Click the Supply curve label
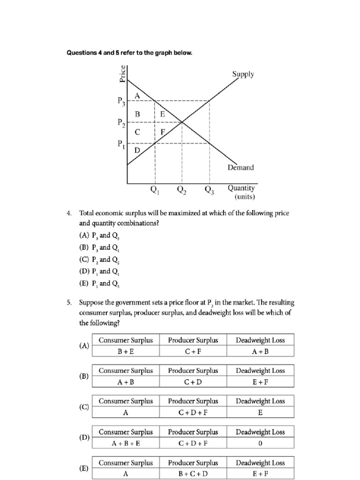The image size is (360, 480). tap(243, 75)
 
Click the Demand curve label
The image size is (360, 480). tap(241, 167)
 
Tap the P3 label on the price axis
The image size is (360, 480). tap(121, 101)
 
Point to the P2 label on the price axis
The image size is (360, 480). tap(121, 123)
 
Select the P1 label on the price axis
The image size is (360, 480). tap(121, 144)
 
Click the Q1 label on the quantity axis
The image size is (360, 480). tap(154, 190)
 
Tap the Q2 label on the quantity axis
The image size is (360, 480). tap(181, 190)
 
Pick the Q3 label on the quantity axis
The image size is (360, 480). tap(209, 190)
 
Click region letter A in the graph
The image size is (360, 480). tap(137, 95)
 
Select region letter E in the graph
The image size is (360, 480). tap(162, 114)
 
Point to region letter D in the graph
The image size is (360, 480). tap(137, 150)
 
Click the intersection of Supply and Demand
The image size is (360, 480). tap(182, 123)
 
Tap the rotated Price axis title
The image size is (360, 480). tap(122, 74)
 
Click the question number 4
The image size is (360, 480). tap(69, 213)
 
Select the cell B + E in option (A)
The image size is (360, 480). tap(126, 351)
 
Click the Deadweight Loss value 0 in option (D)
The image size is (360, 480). tap(260, 443)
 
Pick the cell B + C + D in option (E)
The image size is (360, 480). tap(193, 473)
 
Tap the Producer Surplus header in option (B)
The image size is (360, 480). tap(193, 371)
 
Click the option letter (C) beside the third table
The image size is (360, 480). tap(84, 407)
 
